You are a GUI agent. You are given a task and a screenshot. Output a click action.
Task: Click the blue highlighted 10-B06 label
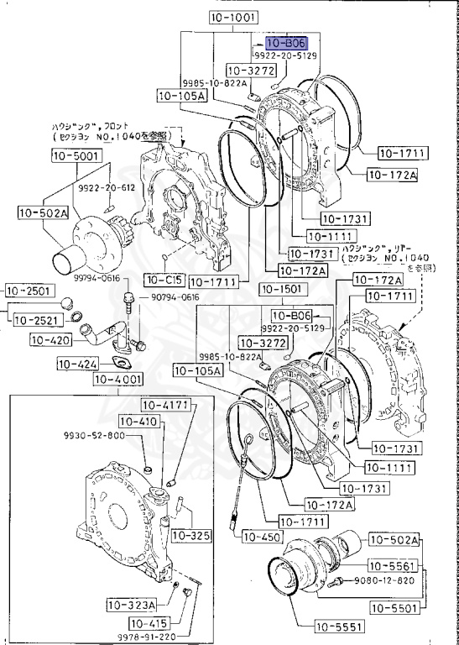coord(286,41)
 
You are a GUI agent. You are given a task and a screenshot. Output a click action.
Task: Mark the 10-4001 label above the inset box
coord(118,380)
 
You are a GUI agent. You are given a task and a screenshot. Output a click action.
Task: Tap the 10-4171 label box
coord(175,406)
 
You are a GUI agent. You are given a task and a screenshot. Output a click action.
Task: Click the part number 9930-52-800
coord(94,435)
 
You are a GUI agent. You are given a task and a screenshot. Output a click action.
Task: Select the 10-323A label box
coord(131,604)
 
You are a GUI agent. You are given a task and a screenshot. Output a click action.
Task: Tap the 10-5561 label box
coord(394,565)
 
